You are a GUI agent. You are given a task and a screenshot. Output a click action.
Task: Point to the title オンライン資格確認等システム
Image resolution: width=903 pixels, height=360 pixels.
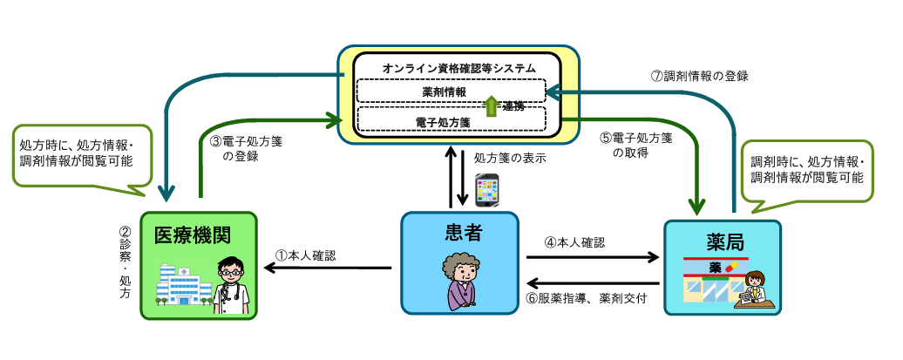(458, 68)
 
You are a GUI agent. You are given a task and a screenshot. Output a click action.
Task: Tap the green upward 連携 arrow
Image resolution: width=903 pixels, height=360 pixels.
(491, 105)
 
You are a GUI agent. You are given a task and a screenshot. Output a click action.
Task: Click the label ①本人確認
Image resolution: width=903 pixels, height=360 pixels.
(305, 255)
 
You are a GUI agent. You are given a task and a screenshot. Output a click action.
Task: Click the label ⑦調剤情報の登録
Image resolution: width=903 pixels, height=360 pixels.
(700, 76)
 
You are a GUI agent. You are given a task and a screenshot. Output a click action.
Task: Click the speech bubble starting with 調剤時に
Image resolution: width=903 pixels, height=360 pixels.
(806, 170)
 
